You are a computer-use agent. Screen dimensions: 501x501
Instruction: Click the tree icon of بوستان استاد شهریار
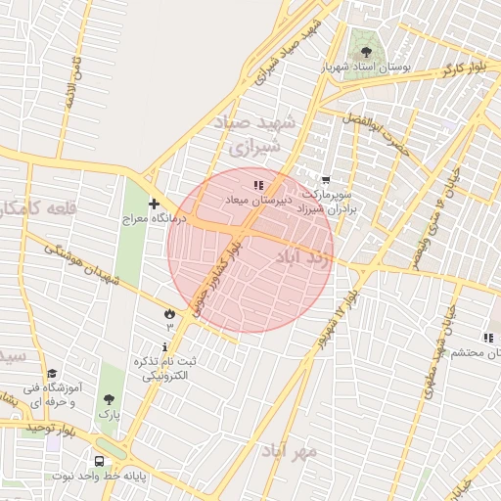366,52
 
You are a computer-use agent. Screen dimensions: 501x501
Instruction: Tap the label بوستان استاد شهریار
368,69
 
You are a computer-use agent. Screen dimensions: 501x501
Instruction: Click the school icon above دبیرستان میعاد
258,184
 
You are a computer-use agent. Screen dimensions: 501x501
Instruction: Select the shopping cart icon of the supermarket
326,180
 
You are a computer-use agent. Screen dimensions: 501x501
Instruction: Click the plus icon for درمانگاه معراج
154,204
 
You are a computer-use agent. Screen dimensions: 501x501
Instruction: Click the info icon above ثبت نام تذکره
164,347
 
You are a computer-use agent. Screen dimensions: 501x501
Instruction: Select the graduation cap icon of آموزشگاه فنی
52,373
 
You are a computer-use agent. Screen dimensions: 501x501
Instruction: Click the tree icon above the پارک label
108,398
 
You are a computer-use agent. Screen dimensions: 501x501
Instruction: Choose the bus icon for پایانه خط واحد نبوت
99,461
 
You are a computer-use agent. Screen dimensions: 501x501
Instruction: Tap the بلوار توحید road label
51,429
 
